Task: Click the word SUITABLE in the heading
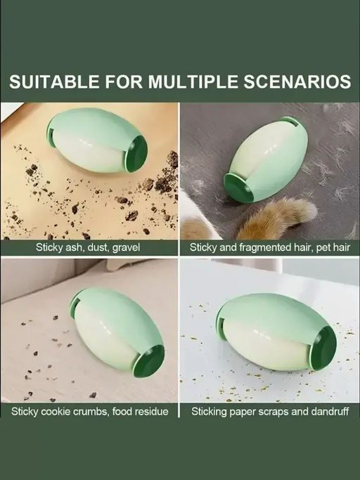pyautogui.click(x=54, y=82)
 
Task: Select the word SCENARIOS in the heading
pyautogui.click(x=297, y=82)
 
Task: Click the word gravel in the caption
pyautogui.click(x=126, y=247)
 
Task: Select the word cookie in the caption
pyautogui.click(x=56, y=411)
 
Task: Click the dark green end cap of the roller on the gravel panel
pyautogui.click(x=136, y=153)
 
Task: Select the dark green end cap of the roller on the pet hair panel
pyautogui.click(x=238, y=188)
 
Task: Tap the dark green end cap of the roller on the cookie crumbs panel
pyautogui.click(x=149, y=361)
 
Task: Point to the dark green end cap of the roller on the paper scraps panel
pyautogui.click(x=323, y=348)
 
